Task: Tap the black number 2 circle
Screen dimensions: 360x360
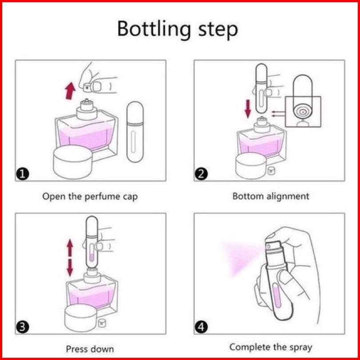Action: click(202, 173)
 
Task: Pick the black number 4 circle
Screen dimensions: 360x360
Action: click(202, 328)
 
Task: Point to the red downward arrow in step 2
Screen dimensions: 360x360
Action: click(248, 108)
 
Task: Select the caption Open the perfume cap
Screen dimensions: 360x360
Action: click(90, 196)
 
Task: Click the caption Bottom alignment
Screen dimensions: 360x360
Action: click(271, 196)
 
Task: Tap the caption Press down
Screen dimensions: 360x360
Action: click(90, 349)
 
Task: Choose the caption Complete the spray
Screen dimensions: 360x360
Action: click(271, 347)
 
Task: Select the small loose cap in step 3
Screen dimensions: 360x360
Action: click(102, 320)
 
